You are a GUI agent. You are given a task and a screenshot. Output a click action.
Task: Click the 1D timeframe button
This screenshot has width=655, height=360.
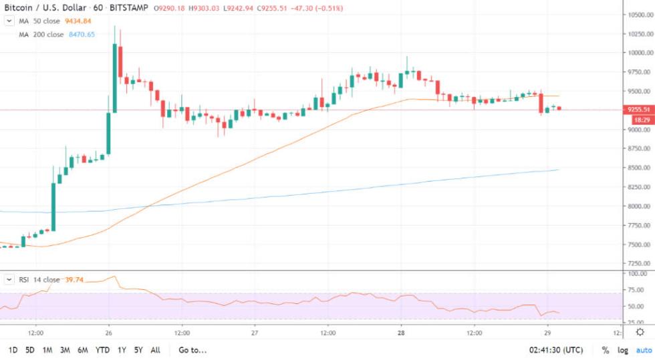click(13, 350)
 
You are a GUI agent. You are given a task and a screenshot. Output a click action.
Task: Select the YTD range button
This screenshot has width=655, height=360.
click(103, 350)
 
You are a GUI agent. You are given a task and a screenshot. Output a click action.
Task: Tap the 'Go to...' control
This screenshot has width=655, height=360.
click(192, 350)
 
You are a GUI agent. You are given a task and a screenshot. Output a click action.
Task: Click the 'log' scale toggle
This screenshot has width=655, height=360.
click(623, 350)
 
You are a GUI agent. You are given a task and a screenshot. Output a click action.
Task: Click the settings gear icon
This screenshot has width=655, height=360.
click(640, 332)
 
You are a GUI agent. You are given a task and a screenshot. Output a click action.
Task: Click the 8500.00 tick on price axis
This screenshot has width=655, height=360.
click(638, 168)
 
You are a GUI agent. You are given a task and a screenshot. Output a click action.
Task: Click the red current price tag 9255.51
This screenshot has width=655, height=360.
click(639, 110)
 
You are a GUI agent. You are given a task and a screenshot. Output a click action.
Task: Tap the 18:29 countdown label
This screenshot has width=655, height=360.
click(639, 119)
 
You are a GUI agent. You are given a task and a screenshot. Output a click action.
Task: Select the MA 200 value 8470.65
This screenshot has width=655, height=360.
click(82, 34)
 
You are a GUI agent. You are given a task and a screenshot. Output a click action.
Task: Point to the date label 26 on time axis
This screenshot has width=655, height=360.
click(108, 332)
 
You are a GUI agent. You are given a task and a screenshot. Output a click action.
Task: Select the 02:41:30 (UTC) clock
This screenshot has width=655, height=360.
click(556, 350)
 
